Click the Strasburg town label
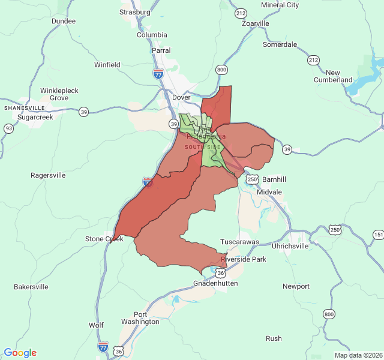(x=134, y=12)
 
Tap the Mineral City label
(x=280, y=5)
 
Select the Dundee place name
(x=64, y=21)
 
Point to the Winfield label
(x=107, y=65)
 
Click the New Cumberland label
(x=333, y=76)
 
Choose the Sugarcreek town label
(x=35, y=118)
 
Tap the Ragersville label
(x=48, y=176)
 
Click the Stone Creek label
(x=104, y=239)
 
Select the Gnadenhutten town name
(x=215, y=283)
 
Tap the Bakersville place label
(x=31, y=287)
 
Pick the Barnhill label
(x=274, y=179)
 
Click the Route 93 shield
(x=8, y=128)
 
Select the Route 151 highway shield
(x=378, y=234)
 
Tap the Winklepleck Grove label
(x=59, y=94)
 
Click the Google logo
(x=20, y=353)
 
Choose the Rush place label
(x=274, y=338)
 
